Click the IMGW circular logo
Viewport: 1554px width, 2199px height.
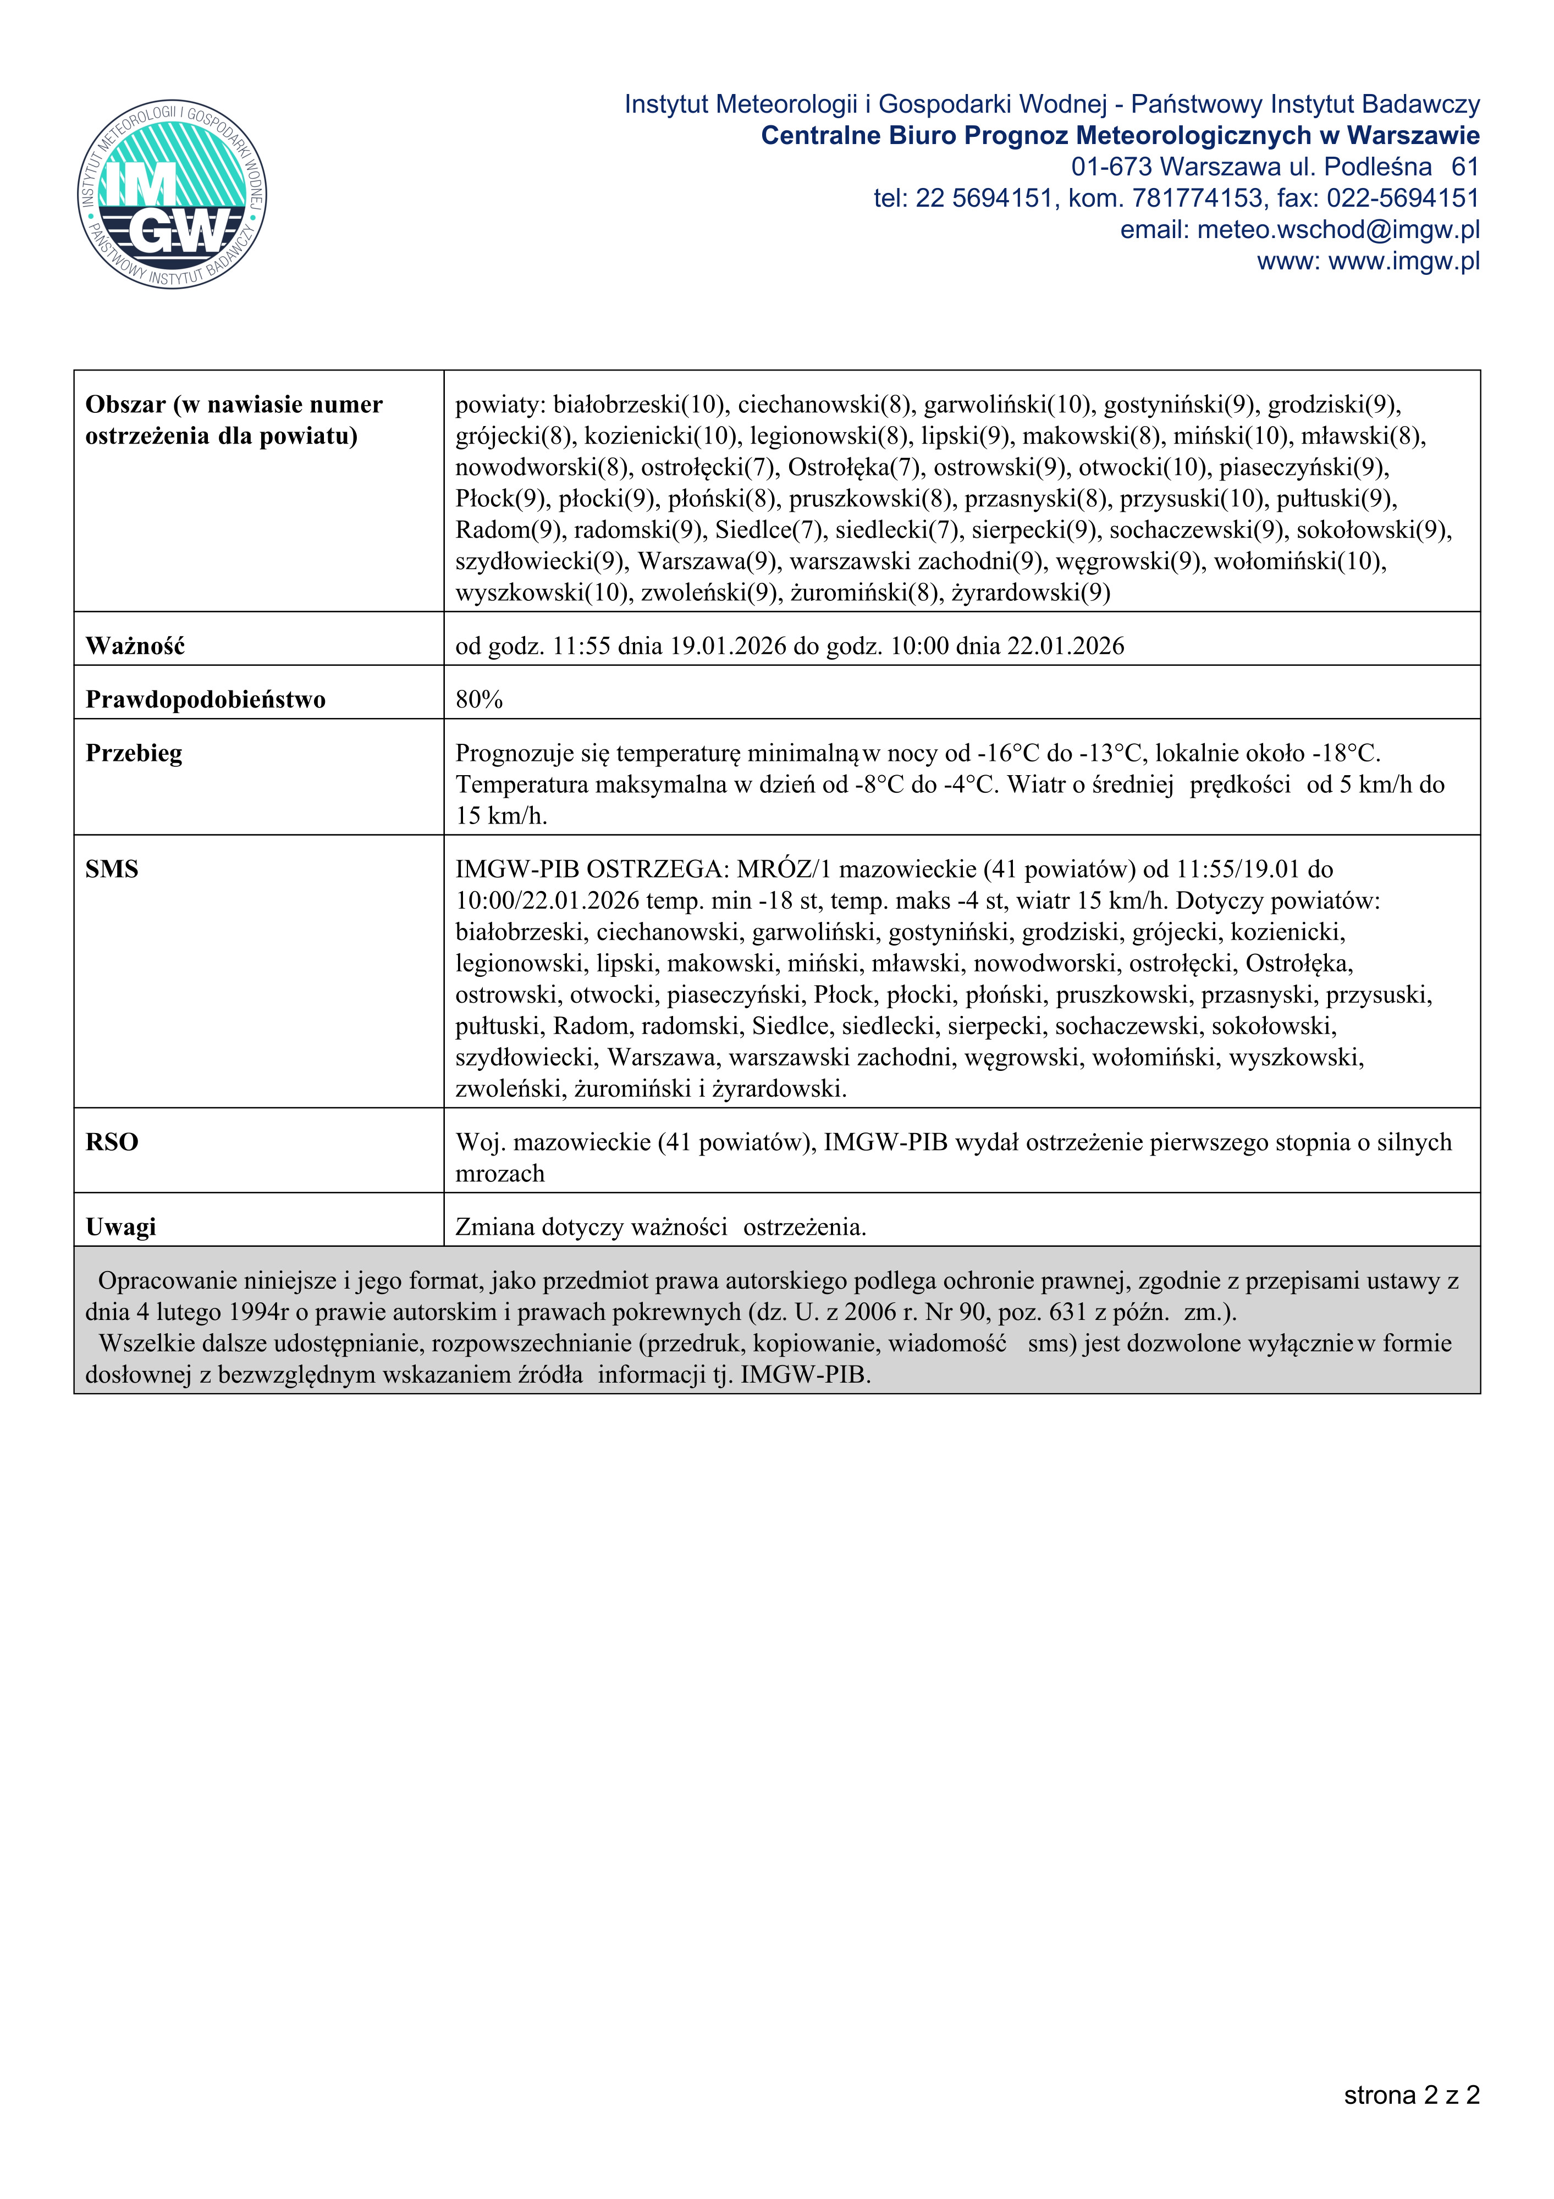pyautogui.click(x=173, y=195)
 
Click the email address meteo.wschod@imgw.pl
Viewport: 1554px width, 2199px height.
pyautogui.click(x=1338, y=230)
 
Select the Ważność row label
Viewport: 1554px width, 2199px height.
pyautogui.click(x=135, y=647)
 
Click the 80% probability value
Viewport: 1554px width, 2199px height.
pyautogui.click(x=479, y=700)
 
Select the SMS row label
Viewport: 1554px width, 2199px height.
pyautogui.click(x=112, y=870)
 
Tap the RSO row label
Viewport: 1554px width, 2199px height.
pyautogui.click(x=112, y=1142)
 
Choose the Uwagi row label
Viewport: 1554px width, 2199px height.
pyautogui.click(x=121, y=1228)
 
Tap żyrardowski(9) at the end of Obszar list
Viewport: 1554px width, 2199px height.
pyautogui.click(x=1031, y=593)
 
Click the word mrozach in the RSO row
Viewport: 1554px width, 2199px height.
pyautogui.click(x=499, y=1174)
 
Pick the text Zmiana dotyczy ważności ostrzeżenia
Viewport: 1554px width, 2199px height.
pyautogui.click(x=660, y=1228)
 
